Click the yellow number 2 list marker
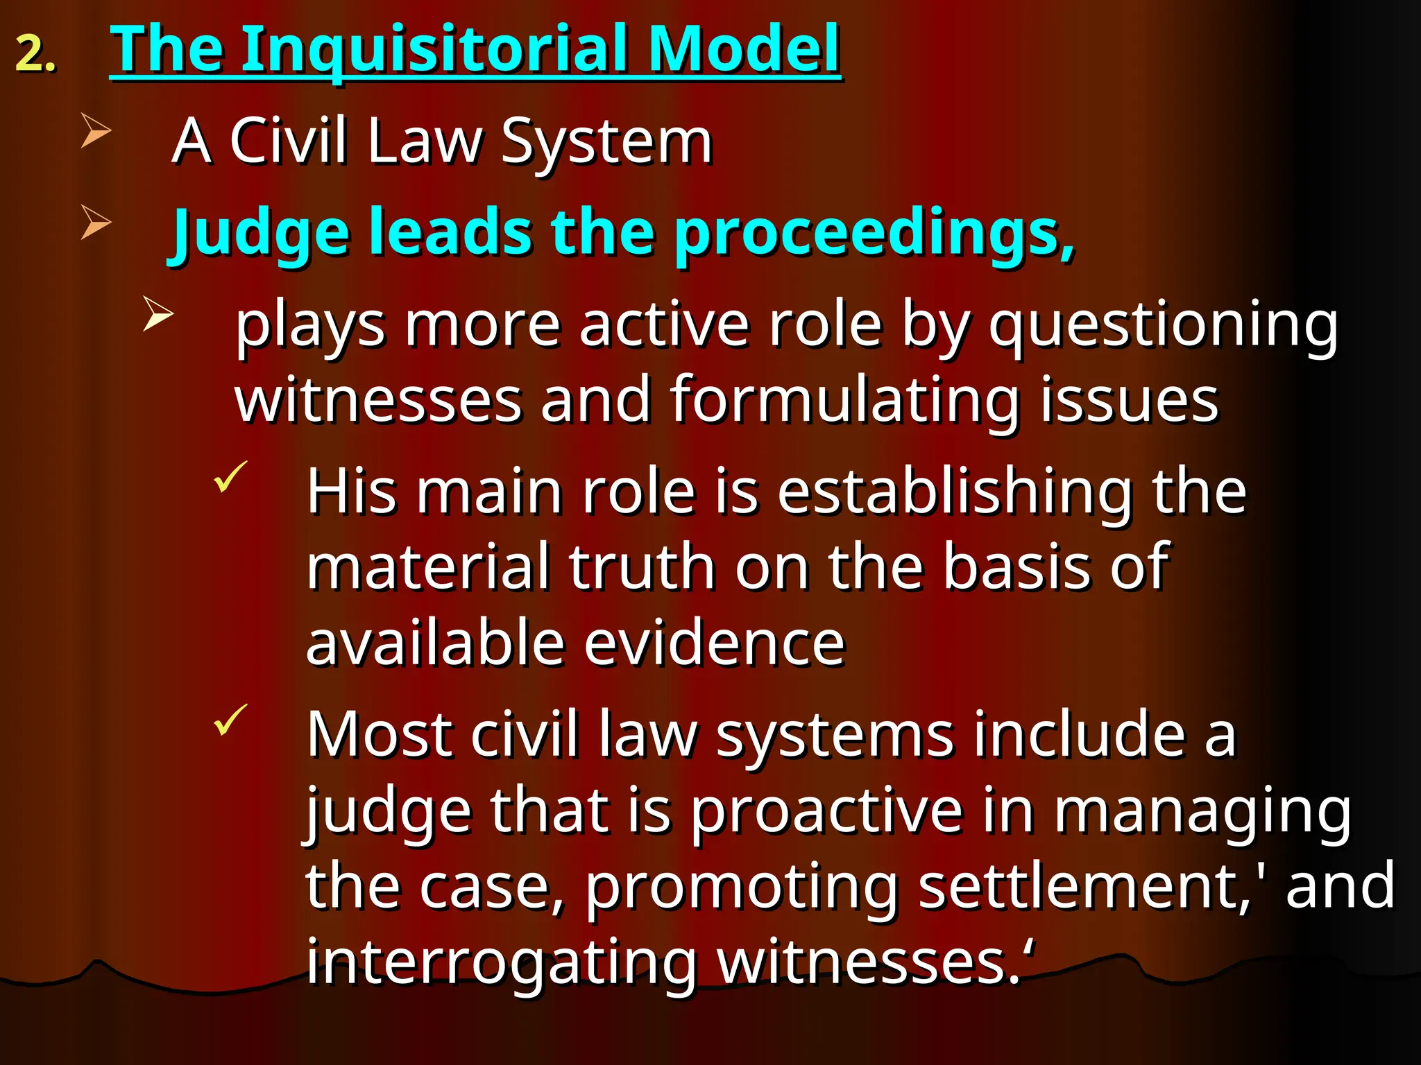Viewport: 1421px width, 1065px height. tap(35, 54)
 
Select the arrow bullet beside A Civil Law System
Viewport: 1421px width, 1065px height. tap(95, 130)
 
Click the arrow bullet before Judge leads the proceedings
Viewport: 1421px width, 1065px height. tap(95, 222)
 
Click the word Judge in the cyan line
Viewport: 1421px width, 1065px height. tap(261, 233)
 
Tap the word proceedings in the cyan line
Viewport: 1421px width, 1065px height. tap(874, 233)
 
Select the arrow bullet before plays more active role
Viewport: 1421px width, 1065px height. tap(158, 313)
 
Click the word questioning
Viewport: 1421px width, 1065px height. tap(1163, 326)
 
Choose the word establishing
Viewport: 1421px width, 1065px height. tap(955, 492)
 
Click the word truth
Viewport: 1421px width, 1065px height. tap(642, 567)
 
